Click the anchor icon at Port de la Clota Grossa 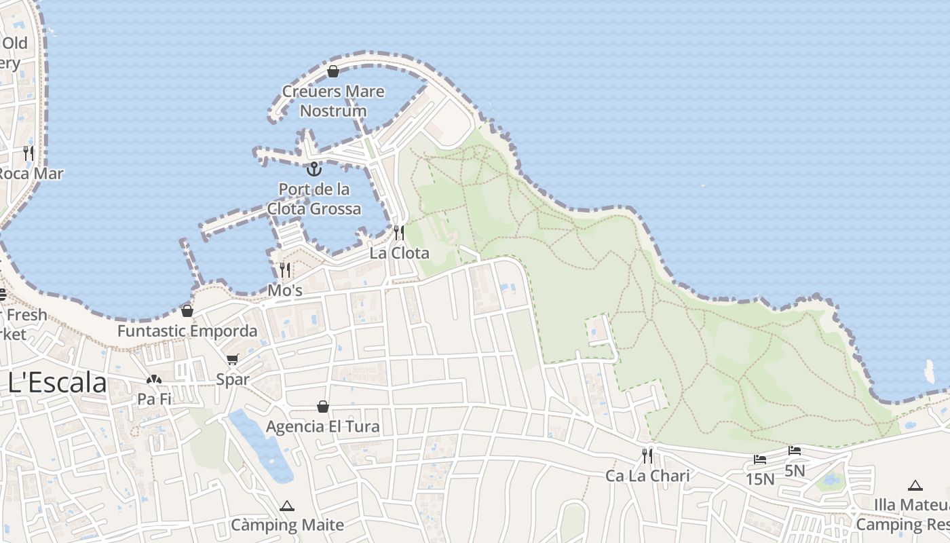[x=313, y=168]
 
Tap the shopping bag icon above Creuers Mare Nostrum [x=333, y=71]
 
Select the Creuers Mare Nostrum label [x=333, y=101]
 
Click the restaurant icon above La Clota [x=399, y=233]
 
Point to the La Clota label [x=399, y=253]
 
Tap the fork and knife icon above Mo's [x=285, y=270]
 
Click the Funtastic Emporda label [x=187, y=331]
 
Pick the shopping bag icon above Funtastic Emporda [x=187, y=311]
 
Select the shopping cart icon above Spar [x=233, y=359]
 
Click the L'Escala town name [x=58, y=383]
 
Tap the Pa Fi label [x=154, y=400]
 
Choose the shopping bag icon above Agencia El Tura [x=323, y=407]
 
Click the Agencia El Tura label [x=323, y=427]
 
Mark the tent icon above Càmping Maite [x=287, y=506]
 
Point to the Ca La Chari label [x=647, y=476]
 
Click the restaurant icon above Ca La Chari [x=647, y=455]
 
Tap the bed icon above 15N [x=760, y=460]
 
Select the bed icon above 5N [x=795, y=451]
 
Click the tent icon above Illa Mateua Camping [x=915, y=485]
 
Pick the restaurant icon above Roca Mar [x=28, y=153]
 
